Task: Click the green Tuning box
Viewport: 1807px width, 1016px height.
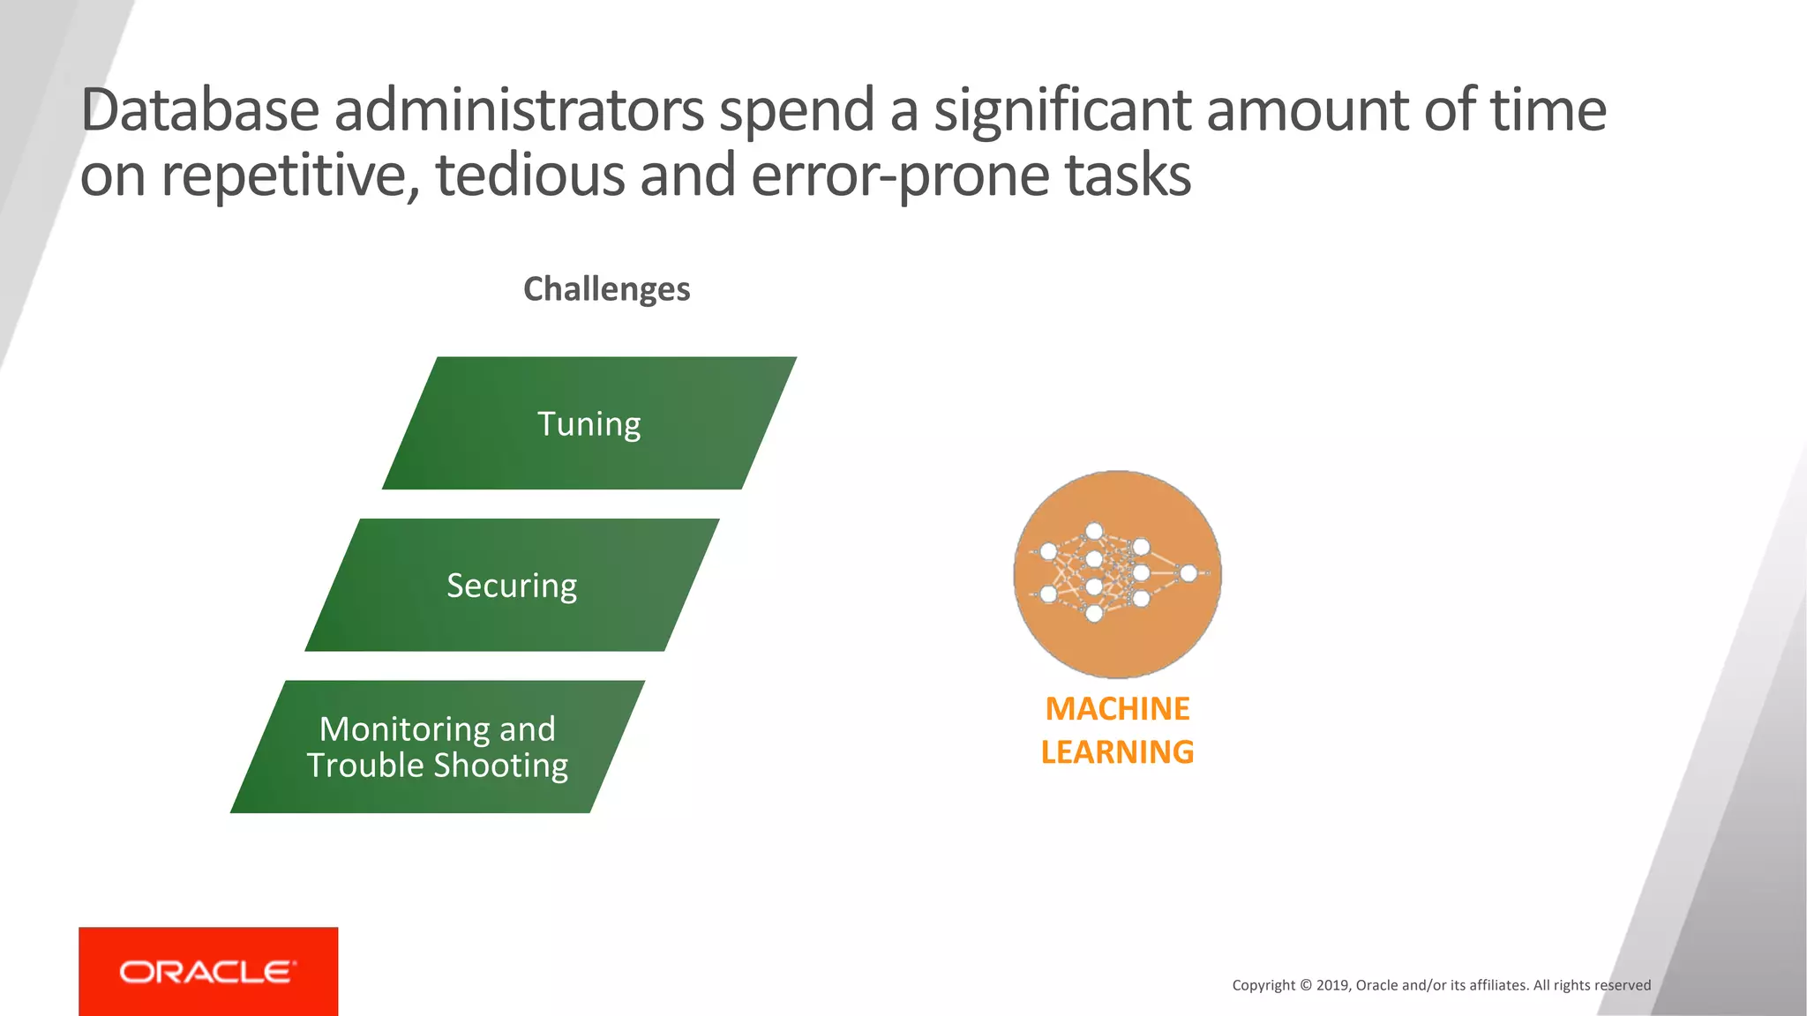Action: [589, 423]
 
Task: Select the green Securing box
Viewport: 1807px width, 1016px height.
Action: [512, 586]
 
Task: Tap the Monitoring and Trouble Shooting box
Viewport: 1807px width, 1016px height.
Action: [438, 746]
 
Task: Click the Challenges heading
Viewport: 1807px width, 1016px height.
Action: [607, 289]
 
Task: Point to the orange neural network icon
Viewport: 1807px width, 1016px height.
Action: [1117, 574]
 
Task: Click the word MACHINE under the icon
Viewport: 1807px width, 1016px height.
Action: [1117, 709]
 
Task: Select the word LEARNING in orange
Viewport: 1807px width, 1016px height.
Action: [1117, 752]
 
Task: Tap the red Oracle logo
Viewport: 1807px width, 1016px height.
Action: [208, 971]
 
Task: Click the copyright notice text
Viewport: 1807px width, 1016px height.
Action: [1441, 985]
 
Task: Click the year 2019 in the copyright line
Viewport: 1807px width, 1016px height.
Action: [1332, 985]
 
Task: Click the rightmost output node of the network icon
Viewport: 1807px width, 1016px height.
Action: [1188, 573]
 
